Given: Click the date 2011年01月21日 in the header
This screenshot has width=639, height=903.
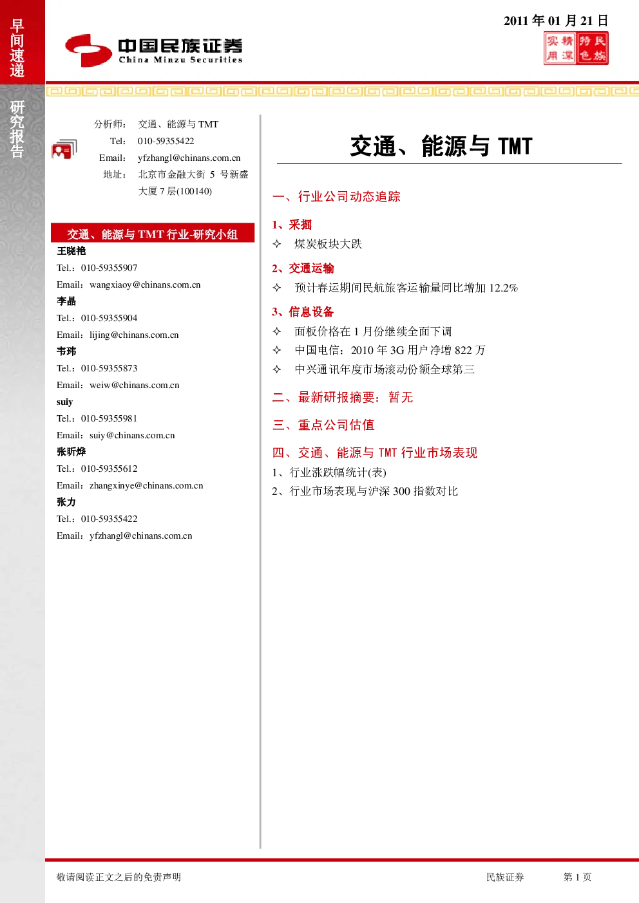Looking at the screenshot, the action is click(556, 21).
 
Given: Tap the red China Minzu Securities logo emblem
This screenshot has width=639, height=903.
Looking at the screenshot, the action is click(88, 50).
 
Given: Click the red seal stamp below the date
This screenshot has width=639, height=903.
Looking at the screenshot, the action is click(576, 48).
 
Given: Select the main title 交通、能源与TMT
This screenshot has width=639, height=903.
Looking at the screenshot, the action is click(441, 146).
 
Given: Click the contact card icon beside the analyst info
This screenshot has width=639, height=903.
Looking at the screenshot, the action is click(64, 149).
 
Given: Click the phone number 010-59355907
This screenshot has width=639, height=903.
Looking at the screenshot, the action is click(109, 268).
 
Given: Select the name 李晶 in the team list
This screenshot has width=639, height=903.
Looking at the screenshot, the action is click(66, 301).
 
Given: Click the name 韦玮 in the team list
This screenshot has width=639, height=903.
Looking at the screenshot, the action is click(66, 351).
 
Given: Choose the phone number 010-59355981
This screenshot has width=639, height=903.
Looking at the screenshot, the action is click(109, 418).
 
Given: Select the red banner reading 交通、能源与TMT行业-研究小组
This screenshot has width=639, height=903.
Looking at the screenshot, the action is click(153, 233).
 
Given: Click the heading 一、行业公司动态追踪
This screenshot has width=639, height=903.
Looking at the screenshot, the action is click(336, 196).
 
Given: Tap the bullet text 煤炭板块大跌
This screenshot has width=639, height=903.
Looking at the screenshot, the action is click(328, 244).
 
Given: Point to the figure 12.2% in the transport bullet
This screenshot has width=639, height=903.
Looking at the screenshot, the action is click(504, 288).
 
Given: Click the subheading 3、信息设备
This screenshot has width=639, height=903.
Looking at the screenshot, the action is click(303, 312).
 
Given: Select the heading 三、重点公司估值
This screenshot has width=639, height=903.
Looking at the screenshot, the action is click(323, 425).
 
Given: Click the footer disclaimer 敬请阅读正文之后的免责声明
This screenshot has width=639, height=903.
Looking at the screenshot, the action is click(119, 877).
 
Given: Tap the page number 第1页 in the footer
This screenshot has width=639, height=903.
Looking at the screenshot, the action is click(577, 877).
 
